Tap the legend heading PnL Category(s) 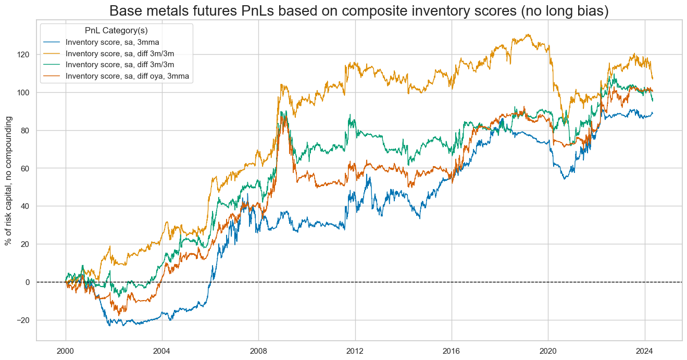(x=116, y=30)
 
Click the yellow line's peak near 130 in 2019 (x=529, y=35)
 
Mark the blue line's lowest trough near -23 (x=109, y=326)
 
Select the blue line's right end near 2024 (x=653, y=113)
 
